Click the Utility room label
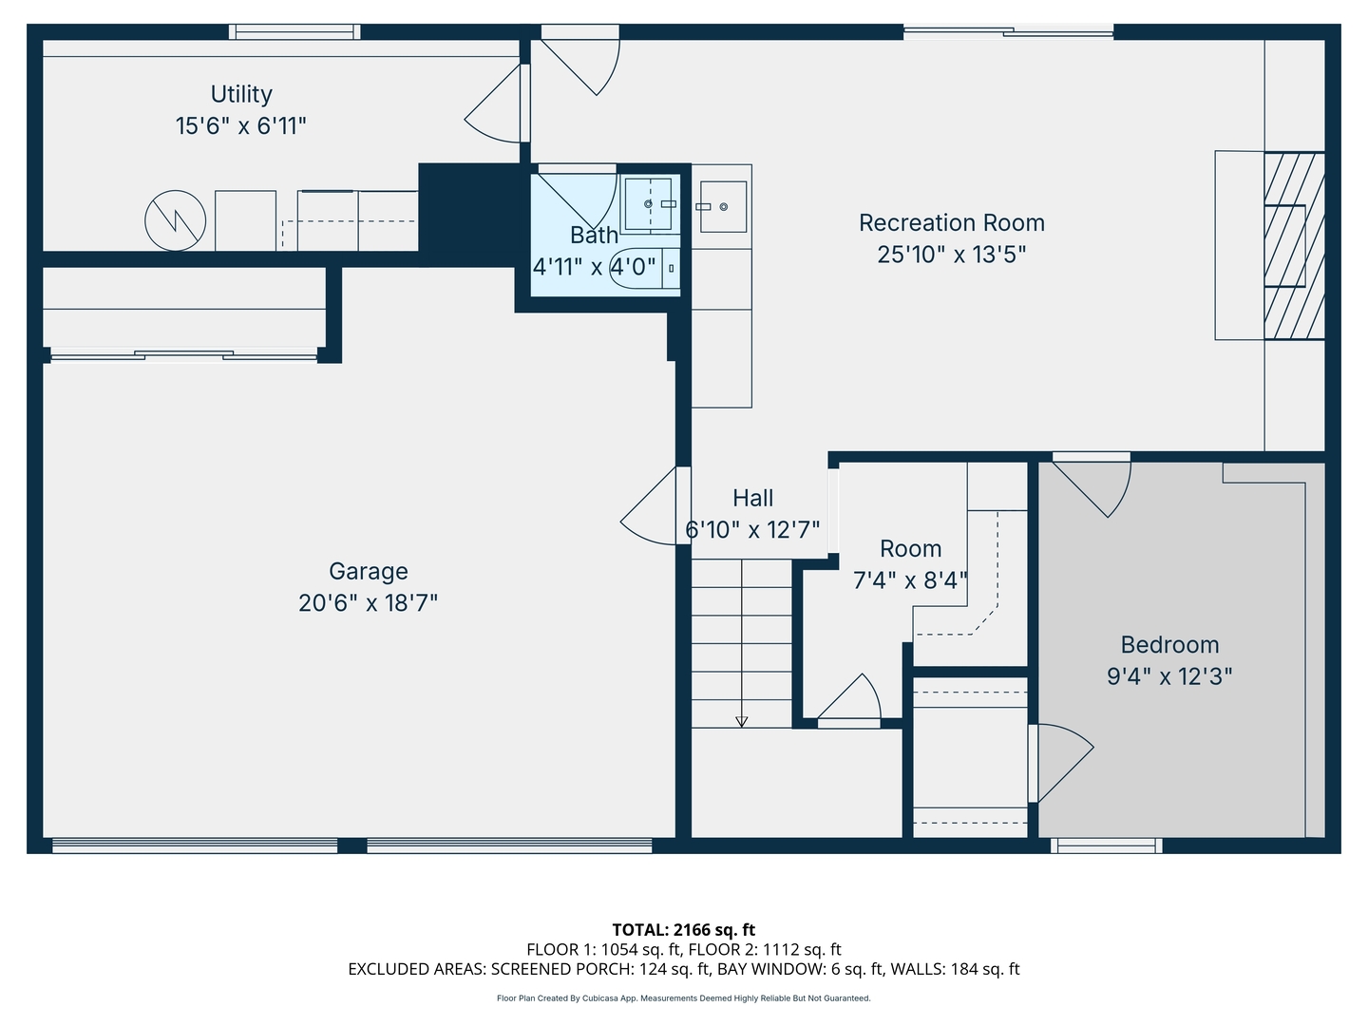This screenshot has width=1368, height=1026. point(241,94)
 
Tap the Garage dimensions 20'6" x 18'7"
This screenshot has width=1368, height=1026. point(368,602)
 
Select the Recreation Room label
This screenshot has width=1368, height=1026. point(951,222)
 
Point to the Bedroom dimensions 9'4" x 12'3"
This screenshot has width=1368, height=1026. point(1169,675)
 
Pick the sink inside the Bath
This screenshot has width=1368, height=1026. point(649,203)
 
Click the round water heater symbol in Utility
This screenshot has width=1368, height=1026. point(176,221)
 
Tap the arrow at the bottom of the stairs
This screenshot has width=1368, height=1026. point(741,721)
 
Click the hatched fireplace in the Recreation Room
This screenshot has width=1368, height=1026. point(1293,245)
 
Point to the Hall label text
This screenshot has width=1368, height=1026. point(752,498)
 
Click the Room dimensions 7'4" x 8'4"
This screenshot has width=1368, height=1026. point(909,579)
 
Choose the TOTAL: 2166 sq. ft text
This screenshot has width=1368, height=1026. point(683,929)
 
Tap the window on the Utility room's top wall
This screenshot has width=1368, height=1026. point(294,32)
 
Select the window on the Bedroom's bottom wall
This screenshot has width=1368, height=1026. point(1106,845)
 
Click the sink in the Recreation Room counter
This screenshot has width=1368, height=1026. point(723,206)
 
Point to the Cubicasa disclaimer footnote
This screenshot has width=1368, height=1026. point(683,998)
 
